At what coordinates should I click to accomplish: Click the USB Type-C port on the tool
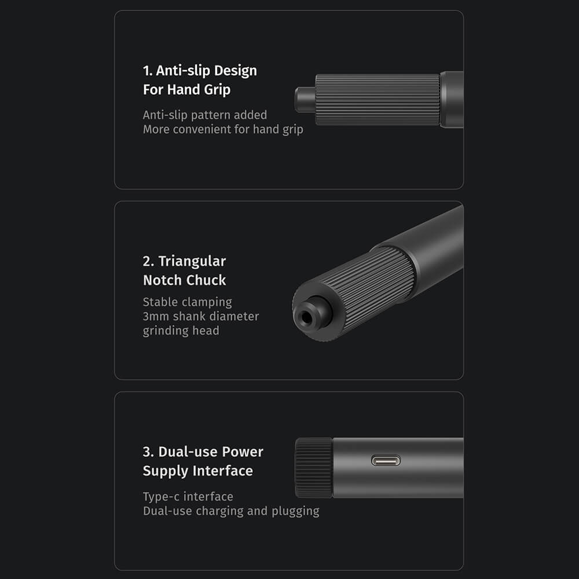[x=386, y=460]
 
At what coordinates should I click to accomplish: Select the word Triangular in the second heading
[x=192, y=261]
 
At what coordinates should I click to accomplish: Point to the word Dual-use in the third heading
[x=188, y=452]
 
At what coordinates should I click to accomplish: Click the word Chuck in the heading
[x=206, y=280]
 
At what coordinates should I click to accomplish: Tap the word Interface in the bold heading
[x=223, y=471]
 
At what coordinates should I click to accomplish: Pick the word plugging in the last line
[x=295, y=511]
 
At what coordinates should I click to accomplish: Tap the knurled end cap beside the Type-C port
[x=314, y=467]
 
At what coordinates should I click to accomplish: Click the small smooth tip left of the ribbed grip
[x=305, y=100]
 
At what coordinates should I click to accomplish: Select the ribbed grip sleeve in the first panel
[x=378, y=100]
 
